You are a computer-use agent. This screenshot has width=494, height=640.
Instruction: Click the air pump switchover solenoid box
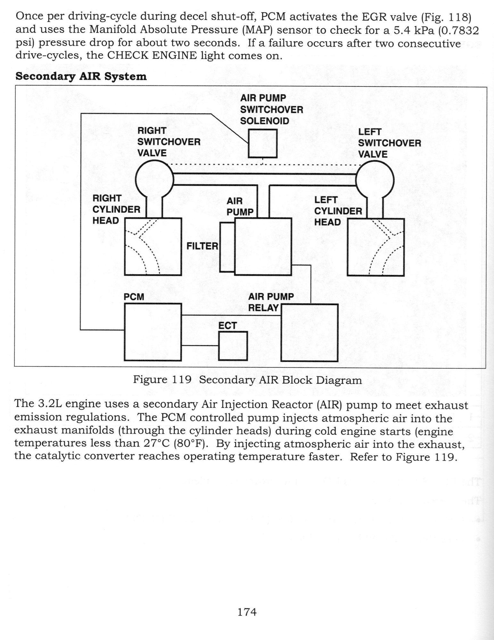(263, 143)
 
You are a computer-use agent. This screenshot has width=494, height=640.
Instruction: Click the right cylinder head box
(153, 246)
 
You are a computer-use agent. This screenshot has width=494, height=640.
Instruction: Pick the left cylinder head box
(375, 247)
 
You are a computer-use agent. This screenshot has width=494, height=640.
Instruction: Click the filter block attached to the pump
(227, 247)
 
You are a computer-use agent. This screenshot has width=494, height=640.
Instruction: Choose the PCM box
(153, 332)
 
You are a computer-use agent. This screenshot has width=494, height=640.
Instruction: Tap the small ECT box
(233, 346)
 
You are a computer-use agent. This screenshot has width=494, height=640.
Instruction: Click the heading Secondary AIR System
(81, 76)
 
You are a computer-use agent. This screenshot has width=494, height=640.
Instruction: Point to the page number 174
(247, 612)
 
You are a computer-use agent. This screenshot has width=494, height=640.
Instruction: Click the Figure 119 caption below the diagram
(247, 380)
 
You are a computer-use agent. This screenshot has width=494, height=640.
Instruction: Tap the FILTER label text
(202, 246)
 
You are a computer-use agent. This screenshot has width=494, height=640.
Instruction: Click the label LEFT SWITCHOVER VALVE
(389, 143)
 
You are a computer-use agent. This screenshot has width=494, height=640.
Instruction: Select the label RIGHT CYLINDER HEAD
(116, 209)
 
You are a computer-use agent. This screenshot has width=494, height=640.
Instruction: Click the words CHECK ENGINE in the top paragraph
(152, 56)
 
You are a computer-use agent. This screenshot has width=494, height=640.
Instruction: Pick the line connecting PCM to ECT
(200, 346)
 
